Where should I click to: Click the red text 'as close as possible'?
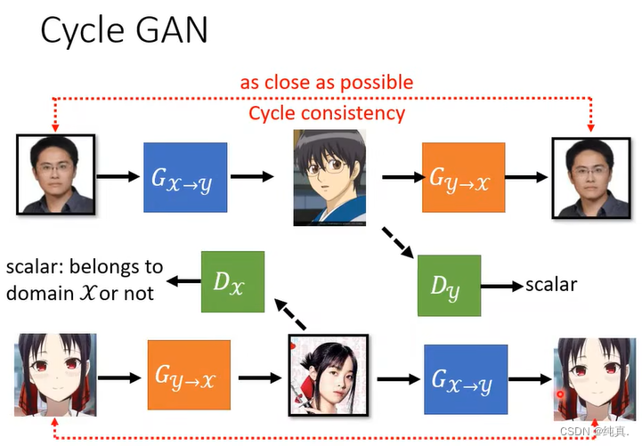[326, 83]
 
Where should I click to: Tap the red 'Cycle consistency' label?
[326, 113]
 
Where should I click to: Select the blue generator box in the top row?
[185, 176]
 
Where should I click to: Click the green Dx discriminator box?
[232, 282]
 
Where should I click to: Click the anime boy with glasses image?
[329, 177]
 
